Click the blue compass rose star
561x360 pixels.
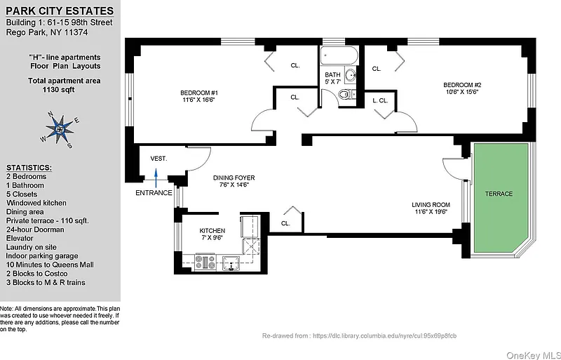60,129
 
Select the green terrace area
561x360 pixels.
501,198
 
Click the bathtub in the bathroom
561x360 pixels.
339,55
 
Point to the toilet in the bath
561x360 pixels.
344,95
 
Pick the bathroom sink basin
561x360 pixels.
350,75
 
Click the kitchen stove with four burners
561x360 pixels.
205,262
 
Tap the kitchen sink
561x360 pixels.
231,263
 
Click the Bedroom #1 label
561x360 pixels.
199,93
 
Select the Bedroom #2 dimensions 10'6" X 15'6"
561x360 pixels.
462,92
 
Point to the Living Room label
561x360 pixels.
431,205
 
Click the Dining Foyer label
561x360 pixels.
234,178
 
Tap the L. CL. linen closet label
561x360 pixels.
380,100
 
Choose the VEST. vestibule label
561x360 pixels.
158,159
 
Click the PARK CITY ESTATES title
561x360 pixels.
60,11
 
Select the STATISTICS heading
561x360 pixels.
29,168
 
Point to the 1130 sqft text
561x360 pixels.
58,90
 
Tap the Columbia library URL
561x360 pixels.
384,336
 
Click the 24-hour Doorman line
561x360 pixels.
35,229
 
